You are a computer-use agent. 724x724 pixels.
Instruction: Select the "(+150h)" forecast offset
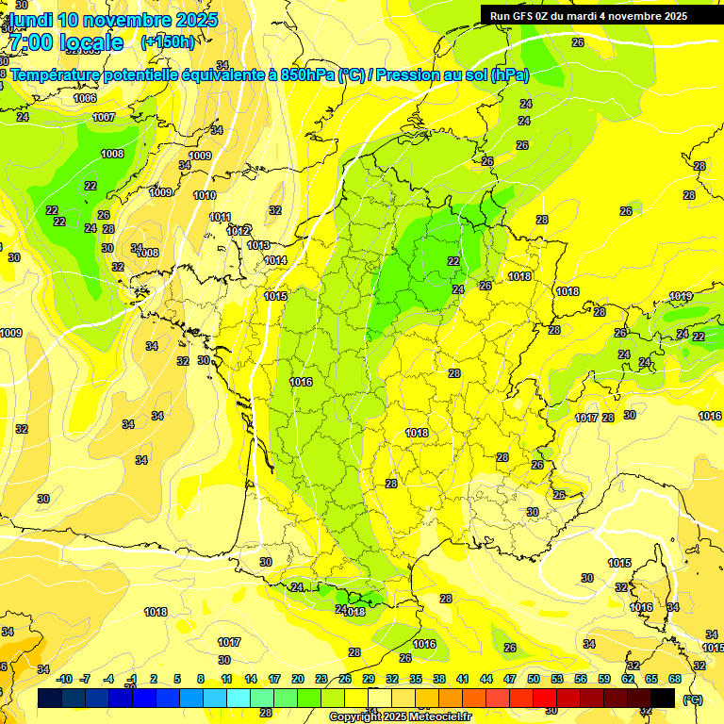(167, 41)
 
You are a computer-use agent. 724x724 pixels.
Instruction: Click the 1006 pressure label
(85, 98)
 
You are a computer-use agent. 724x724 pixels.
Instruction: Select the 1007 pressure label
(104, 118)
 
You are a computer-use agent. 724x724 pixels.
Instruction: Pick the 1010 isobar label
(205, 196)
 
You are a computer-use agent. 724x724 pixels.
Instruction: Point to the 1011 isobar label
(220, 217)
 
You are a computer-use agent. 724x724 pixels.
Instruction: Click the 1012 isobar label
(238, 231)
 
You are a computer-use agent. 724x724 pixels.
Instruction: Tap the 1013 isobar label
(258, 245)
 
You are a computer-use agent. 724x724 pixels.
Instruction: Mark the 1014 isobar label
(275, 261)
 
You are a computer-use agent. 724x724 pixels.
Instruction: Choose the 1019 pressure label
(681, 297)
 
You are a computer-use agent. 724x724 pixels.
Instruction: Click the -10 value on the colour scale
(64, 679)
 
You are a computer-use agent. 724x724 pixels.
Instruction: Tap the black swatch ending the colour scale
(663, 697)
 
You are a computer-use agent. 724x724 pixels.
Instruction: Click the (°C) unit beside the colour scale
(692, 699)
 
